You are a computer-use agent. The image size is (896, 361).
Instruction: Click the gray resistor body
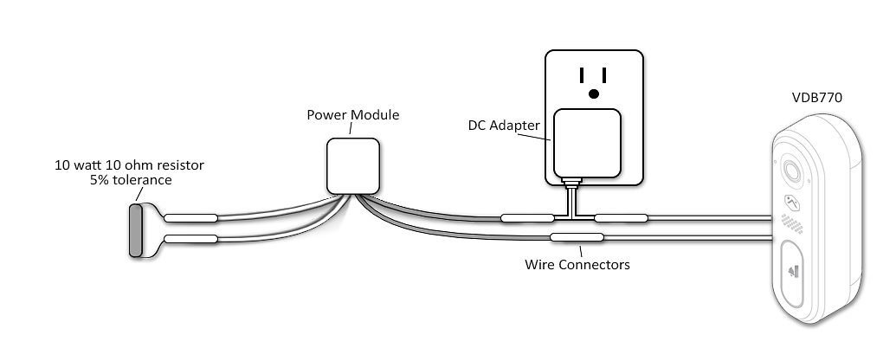point(135,231)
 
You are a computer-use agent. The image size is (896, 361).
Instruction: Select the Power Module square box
point(353,166)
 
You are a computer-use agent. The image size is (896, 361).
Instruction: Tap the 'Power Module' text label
point(352,115)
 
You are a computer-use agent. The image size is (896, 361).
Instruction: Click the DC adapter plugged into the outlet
point(588,144)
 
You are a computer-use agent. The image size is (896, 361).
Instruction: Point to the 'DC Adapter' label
point(504,125)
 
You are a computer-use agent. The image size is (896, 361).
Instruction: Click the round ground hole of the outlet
point(594,93)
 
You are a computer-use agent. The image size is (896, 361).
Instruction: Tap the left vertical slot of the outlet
point(582,75)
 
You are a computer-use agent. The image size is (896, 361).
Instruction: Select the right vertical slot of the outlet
point(604,75)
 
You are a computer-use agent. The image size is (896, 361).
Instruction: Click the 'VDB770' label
point(816,98)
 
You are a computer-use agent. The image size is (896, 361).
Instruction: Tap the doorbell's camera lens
point(793,171)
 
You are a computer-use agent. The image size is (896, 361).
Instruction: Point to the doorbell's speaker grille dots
point(793,223)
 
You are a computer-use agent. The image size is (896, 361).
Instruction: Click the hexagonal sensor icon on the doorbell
point(791,203)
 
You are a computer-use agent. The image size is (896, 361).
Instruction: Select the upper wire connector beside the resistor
point(190,218)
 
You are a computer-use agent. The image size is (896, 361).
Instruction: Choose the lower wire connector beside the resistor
point(190,239)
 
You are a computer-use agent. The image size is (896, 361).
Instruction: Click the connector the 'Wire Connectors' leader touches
point(577,237)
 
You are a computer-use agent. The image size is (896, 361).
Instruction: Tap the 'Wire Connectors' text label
point(577,265)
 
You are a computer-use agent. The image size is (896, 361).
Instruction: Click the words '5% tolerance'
point(131,180)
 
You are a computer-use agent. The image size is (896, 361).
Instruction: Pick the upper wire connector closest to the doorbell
point(622,218)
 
